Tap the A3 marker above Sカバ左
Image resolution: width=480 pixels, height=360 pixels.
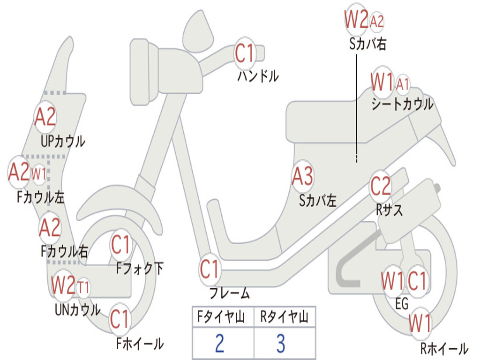(x=303, y=176)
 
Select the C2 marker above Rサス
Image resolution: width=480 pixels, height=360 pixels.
(x=381, y=186)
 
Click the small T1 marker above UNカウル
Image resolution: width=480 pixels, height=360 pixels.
(x=83, y=288)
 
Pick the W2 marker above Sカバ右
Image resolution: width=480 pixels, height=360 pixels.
(x=356, y=19)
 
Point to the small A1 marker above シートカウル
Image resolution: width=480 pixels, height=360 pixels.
(x=403, y=84)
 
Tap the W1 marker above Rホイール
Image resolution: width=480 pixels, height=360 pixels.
(x=420, y=322)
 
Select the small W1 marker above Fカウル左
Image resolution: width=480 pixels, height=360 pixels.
(x=39, y=174)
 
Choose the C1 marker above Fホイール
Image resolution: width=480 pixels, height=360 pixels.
(x=120, y=319)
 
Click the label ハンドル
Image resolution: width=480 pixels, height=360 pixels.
(x=258, y=76)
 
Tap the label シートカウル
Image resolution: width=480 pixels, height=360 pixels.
(x=402, y=104)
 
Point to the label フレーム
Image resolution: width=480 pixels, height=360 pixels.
(x=230, y=293)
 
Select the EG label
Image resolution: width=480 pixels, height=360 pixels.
(x=402, y=304)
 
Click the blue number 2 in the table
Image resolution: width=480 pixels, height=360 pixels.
(x=219, y=343)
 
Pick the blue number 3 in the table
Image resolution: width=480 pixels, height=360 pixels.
(x=281, y=343)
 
